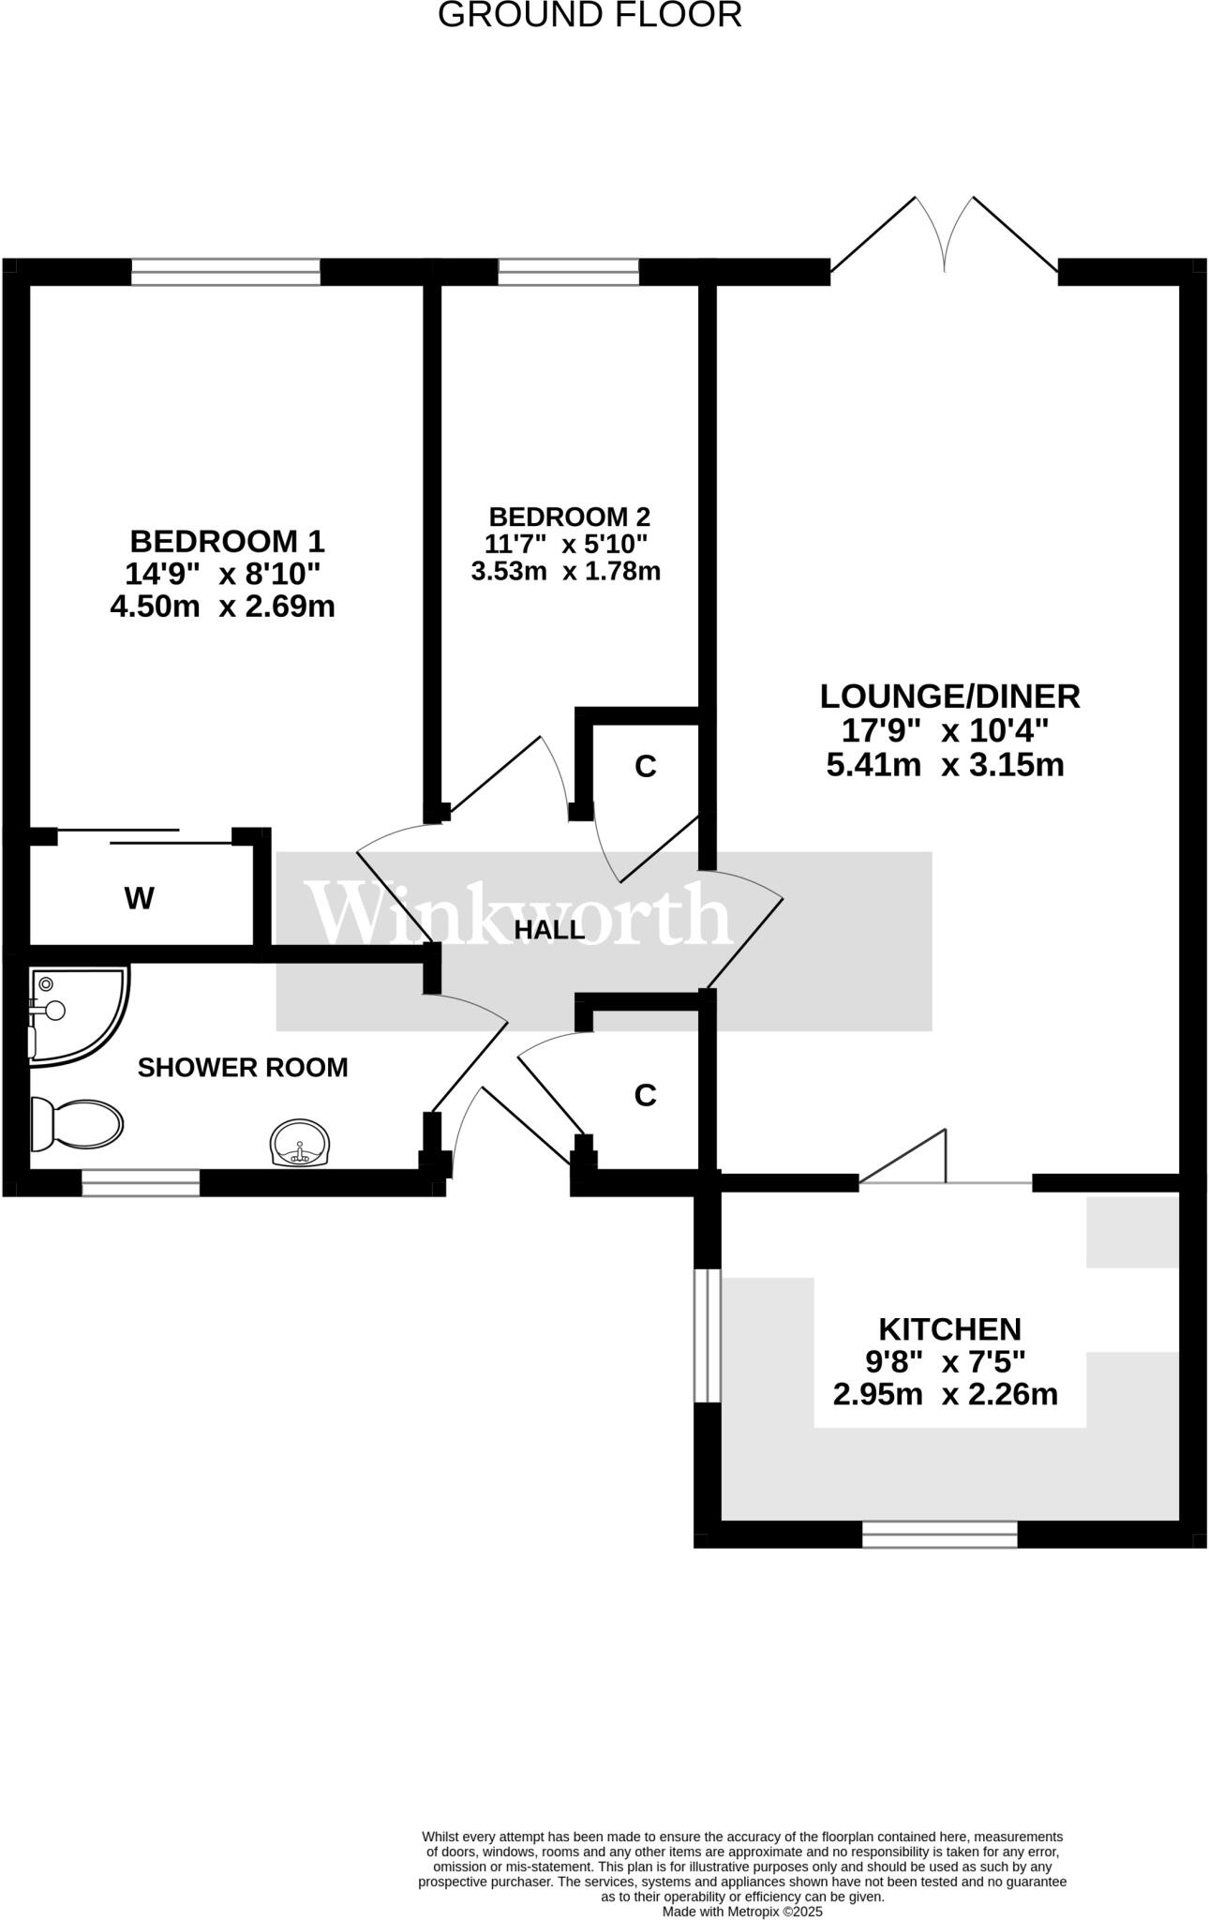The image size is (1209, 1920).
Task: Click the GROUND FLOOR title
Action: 590,15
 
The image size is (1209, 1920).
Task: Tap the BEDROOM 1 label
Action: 227,541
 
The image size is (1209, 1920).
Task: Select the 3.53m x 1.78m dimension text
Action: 565,571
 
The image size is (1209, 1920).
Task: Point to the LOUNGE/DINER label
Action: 949,696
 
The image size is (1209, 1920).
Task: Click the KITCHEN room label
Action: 948,1328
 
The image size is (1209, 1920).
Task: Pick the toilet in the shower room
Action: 77,1123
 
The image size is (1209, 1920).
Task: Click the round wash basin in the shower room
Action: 300,1143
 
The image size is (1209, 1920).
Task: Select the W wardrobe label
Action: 139,899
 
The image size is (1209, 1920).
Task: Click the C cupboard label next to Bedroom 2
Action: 645,766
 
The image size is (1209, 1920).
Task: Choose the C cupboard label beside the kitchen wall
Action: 645,1094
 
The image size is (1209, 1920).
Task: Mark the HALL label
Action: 549,930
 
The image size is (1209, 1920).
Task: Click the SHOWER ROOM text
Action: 243,1067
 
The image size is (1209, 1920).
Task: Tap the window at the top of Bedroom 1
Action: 226,272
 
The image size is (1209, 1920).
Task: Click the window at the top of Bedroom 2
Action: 568,272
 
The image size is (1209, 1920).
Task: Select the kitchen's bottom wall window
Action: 939,1534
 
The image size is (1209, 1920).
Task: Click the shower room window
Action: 141,1182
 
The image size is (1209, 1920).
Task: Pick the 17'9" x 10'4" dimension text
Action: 947,730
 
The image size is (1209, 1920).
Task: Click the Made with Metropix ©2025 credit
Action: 742,1911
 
